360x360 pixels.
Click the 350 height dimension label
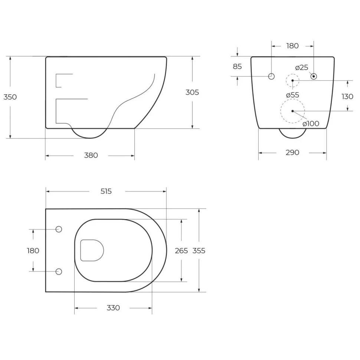[x=10, y=97]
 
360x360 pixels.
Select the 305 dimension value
[x=192, y=92]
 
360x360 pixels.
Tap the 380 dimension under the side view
[x=91, y=156]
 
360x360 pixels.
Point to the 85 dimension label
[x=237, y=66]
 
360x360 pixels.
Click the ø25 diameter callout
[x=302, y=68]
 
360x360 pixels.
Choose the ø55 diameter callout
[x=293, y=95]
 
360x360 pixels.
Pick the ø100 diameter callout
[x=311, y=124]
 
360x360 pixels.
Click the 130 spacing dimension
[x=347, y=96]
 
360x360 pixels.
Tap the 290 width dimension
[x=292, y=153]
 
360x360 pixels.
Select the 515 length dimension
[x=106, y=191]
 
